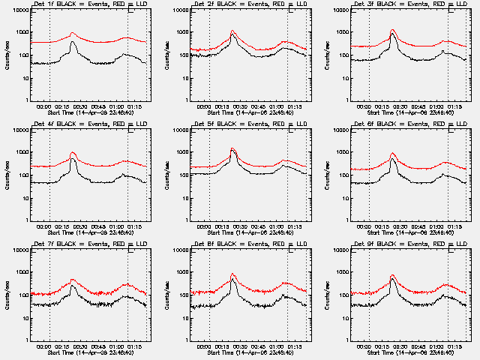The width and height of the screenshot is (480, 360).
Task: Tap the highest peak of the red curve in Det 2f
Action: tap(232, 31)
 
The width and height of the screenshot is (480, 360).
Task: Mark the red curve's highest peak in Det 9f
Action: tap(392, 275)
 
